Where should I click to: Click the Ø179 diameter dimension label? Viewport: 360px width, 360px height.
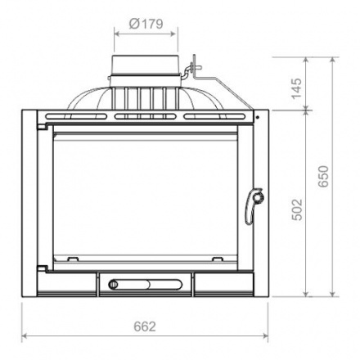tap(146, 24)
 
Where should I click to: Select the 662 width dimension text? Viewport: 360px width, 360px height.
tap(145, 326)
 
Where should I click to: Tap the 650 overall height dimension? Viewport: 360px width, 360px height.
tap(324, 176)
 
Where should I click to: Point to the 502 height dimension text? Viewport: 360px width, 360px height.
tap(297, 209)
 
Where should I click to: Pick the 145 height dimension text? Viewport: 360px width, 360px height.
tap(297, 89)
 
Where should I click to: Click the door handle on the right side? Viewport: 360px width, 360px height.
tap(254, 206)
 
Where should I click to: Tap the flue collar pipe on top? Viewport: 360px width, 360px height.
tap(145, 71)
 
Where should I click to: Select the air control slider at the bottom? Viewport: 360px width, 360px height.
tap(146, 285)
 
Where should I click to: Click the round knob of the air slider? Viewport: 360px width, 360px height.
tap(113, 285)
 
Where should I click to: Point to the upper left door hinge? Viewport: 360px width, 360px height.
tap(43, 127)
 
